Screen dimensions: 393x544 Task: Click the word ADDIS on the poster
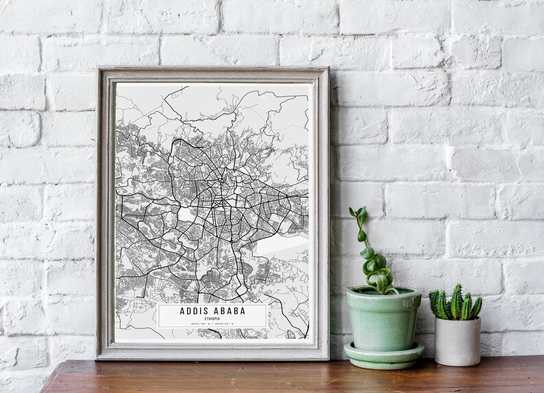193,311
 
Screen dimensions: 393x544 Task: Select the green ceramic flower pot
383,319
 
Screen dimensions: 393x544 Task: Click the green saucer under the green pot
383,355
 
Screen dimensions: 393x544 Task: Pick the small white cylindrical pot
457,340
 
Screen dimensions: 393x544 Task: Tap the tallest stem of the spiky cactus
456,295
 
